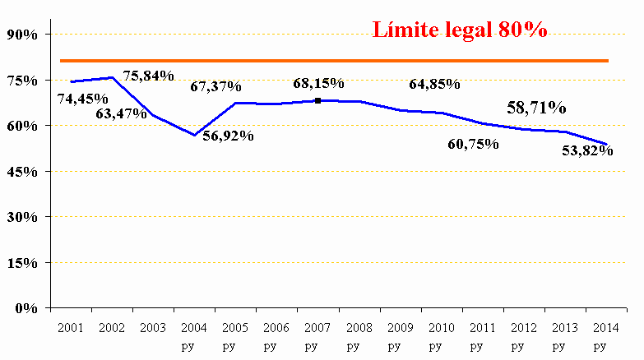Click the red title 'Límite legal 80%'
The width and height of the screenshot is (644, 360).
pyautogui.click(x=460, y=30)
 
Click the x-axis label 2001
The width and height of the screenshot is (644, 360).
pyautogui.click(x=72, y=327)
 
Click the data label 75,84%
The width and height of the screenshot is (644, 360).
pyautogui.click(x=148, y=76)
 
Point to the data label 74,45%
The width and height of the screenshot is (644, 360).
pyautogui.click(x=82, y=99)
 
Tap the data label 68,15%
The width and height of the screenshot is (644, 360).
pyautogui.click(x=318, y=84)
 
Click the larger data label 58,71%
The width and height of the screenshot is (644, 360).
pyautogui.click(x=536, y=108)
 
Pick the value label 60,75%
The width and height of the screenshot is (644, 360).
pyautogui.click(x=474, y=144)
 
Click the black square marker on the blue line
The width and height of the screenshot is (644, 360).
pyautogui.click(x=317, y=100)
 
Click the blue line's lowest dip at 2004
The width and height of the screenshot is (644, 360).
pyautogui.click(x=194, y=135)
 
